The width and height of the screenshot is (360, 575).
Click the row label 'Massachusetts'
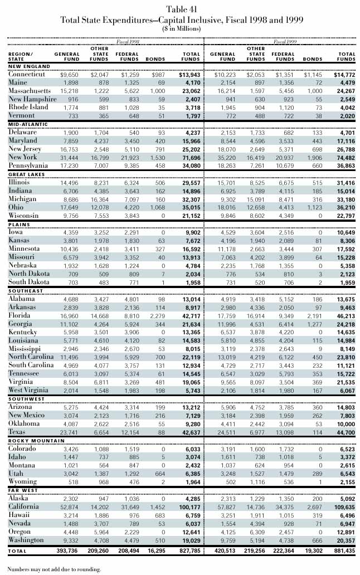30,91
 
